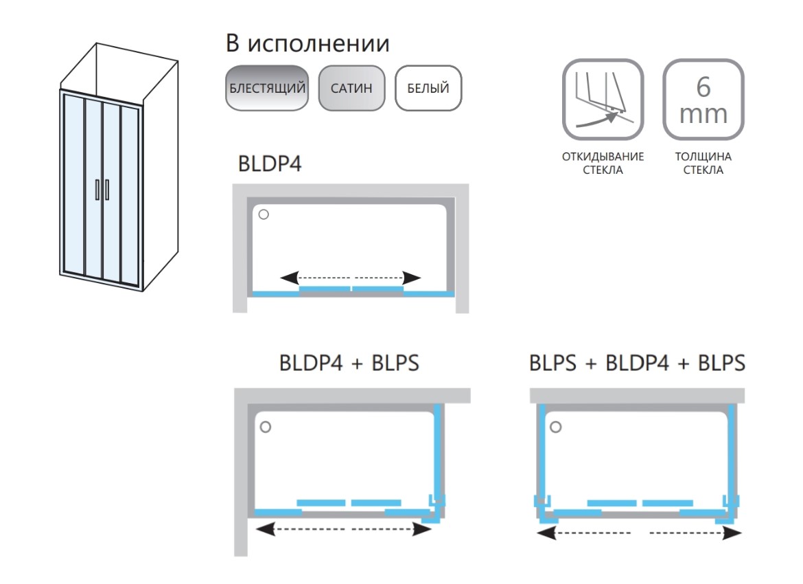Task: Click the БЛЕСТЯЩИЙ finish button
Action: [x=267, y=88]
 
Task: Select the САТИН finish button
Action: [x=351, y=88]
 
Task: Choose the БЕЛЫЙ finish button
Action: [x=428, y=88]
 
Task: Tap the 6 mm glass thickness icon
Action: [x=703, y=100]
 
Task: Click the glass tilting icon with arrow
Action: [x=603, y=100]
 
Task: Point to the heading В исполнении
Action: [x=307, y=43]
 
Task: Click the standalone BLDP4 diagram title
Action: [x=270, y=164]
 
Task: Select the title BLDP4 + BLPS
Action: [x=349, y=363]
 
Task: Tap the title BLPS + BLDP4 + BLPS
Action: [x=637, y=363]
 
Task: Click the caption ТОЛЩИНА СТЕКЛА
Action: [x=703, y=163]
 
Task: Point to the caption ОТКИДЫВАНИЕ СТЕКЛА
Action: [x=603, y=163]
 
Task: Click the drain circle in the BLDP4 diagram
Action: [x=264, y=214]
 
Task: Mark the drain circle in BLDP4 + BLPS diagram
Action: [x=266, y=427]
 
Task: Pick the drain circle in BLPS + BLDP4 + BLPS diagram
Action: [x=556, y=427]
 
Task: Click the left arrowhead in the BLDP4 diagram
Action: [x=290, y=278]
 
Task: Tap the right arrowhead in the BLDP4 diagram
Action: [x=412, y=278]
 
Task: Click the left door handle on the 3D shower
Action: [x=97, y=189]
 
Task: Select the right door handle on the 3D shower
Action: [x=107, y=190]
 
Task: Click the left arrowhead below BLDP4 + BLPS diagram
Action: [x=266, y=529]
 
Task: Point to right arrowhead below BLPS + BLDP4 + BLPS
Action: [x=732, y=533]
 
